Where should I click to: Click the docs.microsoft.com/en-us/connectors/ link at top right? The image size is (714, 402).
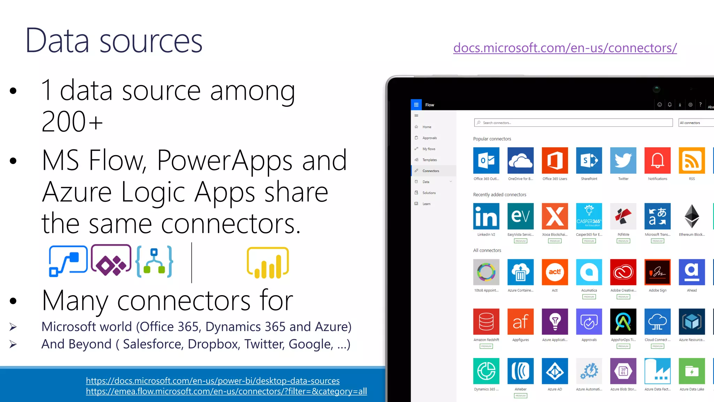pos(565,48)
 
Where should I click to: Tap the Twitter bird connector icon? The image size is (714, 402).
pos(623,161)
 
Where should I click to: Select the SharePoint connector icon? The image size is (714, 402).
pos(589,161)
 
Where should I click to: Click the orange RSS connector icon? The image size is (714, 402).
pos(692,161)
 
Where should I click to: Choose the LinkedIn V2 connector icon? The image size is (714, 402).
pos(486,216)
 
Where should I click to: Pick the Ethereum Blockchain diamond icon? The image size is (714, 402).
pos(692,216)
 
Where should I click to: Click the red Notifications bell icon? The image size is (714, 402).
pos(658,161)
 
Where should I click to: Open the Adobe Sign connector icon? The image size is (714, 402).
pos(658,272)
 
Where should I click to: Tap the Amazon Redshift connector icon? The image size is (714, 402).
pos(486,321)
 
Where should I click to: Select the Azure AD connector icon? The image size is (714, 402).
pos(555,371)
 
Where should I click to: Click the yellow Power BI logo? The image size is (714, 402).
pos(268,263)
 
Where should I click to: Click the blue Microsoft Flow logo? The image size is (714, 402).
pos(68,261)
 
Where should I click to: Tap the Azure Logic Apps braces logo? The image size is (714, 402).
pos(154,262)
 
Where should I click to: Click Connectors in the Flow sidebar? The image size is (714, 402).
pos(431,171)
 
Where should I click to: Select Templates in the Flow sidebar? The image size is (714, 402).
pos(430,160)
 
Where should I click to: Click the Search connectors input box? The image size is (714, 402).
pos(573,123)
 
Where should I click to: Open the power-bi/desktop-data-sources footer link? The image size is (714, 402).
pos(213,381)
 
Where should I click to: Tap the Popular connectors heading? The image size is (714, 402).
pos(492,139)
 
